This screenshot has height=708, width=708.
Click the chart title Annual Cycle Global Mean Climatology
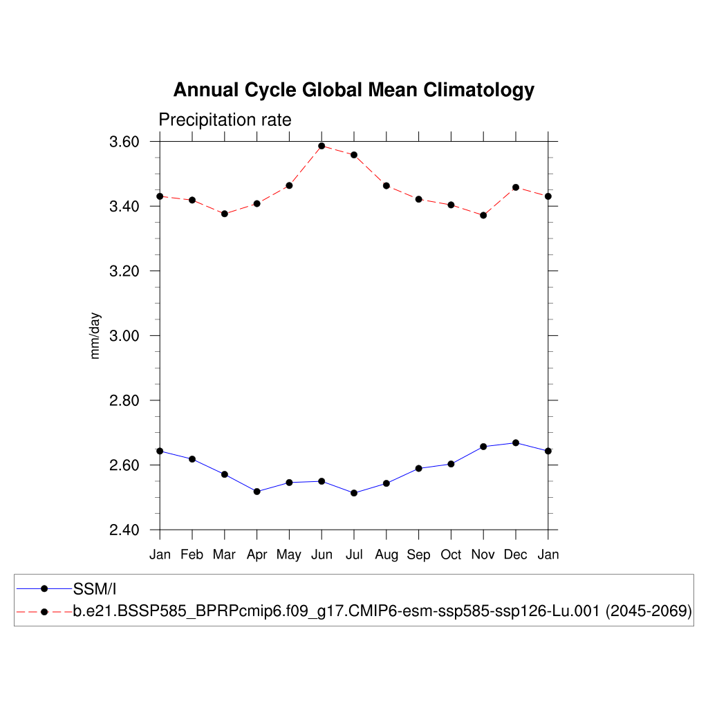click(353, 91)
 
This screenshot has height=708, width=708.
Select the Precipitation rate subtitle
click(225, 120)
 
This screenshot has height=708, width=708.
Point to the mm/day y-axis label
click(95, 335)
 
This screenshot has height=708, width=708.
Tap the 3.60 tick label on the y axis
click(124, 142)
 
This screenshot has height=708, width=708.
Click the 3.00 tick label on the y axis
click(124, 336)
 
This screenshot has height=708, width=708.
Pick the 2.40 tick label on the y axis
click(124, 530)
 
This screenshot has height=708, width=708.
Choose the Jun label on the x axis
click(321, 555)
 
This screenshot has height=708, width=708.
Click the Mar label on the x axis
click(224, 555)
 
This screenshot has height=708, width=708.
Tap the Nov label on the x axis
click(483, 555)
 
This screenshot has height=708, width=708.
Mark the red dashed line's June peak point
click(322, 146)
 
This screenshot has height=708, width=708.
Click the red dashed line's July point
click(354, 155)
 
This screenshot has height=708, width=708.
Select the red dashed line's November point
click(483, 215)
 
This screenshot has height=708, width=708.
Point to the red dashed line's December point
click(516, 187)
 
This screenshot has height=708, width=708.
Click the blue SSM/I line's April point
click(257, 492)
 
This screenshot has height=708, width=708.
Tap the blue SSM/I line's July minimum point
click(354, 493)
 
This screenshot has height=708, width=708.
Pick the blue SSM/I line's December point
click(516, 442)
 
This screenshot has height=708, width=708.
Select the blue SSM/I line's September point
click(418, 469)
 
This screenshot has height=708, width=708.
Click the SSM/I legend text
click(95, 589)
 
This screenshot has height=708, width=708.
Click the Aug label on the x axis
click(386, 555)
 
